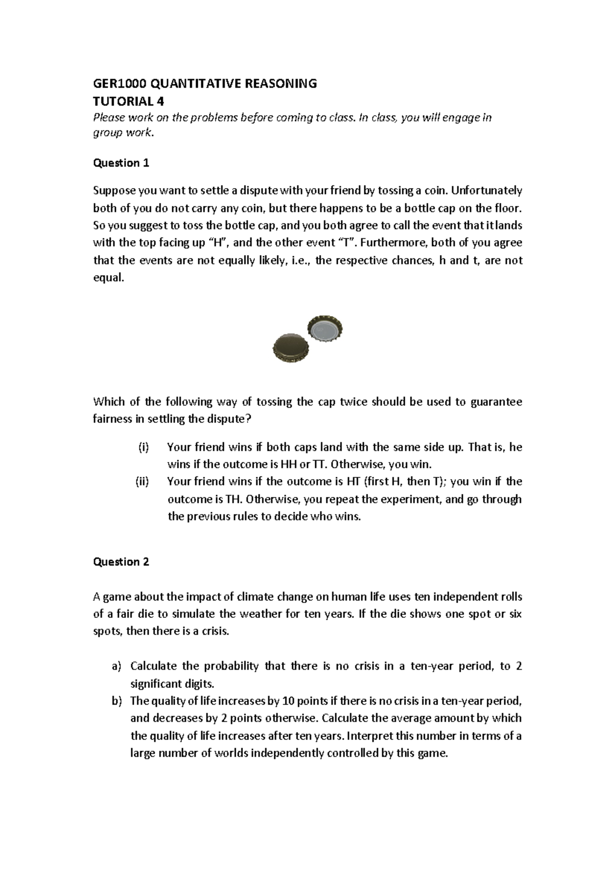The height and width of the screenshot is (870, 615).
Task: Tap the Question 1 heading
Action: point(121,163)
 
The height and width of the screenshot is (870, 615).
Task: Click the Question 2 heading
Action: point(121,562)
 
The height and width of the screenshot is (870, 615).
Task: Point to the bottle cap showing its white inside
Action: point(325,328)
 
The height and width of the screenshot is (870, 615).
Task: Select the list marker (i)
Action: point(143,447)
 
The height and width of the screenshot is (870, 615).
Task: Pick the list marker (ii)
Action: point(142,481)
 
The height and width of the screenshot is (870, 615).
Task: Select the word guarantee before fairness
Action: point(497,402)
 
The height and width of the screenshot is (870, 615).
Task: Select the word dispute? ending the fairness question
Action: point(230,419)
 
